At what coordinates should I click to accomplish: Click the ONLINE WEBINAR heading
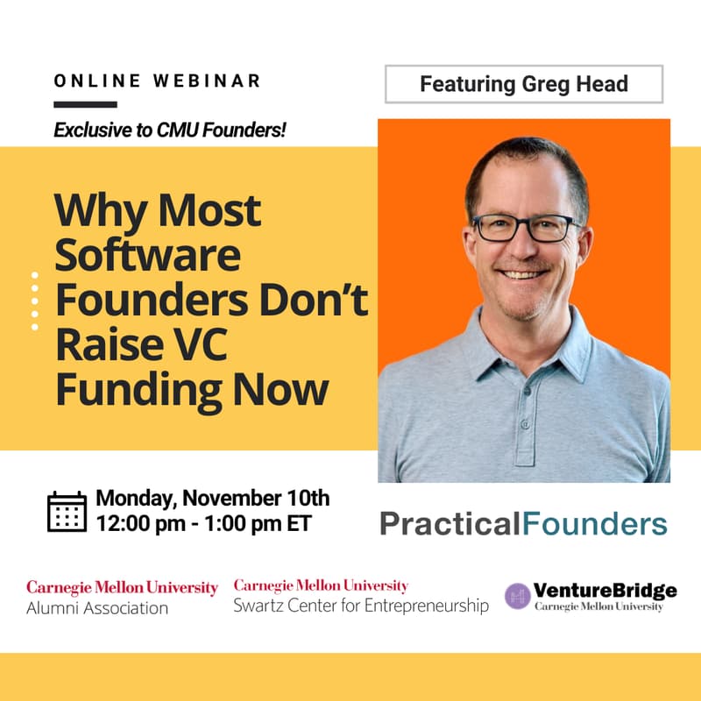158,81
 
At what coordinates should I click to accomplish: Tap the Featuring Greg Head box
524,84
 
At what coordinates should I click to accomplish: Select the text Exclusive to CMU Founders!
171,131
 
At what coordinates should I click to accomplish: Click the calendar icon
67,512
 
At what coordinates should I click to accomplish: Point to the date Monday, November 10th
213,499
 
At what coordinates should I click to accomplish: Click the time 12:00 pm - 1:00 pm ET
203,524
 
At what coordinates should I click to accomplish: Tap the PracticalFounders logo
523,524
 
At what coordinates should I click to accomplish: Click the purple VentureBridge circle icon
518,596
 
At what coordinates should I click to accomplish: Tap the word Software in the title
148,255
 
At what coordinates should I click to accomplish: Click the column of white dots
35,301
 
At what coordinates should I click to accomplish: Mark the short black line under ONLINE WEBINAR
85,104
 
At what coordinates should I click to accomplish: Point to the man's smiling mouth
524,274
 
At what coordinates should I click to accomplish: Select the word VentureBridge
605,590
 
